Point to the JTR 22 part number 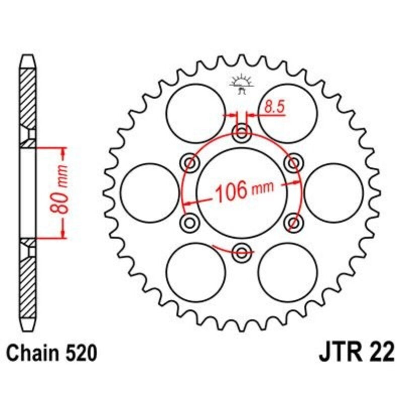coord(356,353)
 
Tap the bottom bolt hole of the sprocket coord(242,251)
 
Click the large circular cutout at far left coord(150,192)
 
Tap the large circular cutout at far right coord(333,192)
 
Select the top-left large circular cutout coord(196,113)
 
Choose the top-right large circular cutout coord(288,113)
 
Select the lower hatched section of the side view coord(28,282)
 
